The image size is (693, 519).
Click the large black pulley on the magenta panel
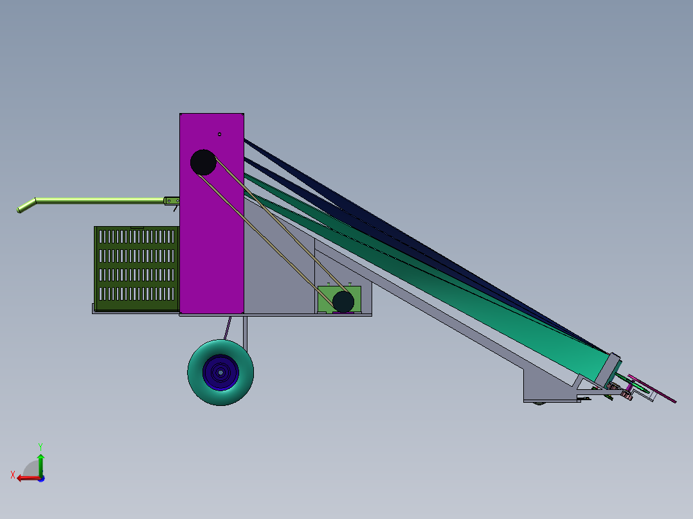203,163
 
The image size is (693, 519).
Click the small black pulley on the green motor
343,301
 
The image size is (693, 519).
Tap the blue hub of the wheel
221,373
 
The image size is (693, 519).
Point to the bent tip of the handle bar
25,207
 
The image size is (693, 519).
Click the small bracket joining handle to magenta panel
171,201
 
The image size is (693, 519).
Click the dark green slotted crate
136,265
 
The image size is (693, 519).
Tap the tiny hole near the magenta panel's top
219,134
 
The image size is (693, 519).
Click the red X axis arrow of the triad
24,477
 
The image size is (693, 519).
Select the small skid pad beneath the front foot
539,403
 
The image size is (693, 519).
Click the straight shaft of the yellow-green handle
96,201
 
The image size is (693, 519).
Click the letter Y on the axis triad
40,445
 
